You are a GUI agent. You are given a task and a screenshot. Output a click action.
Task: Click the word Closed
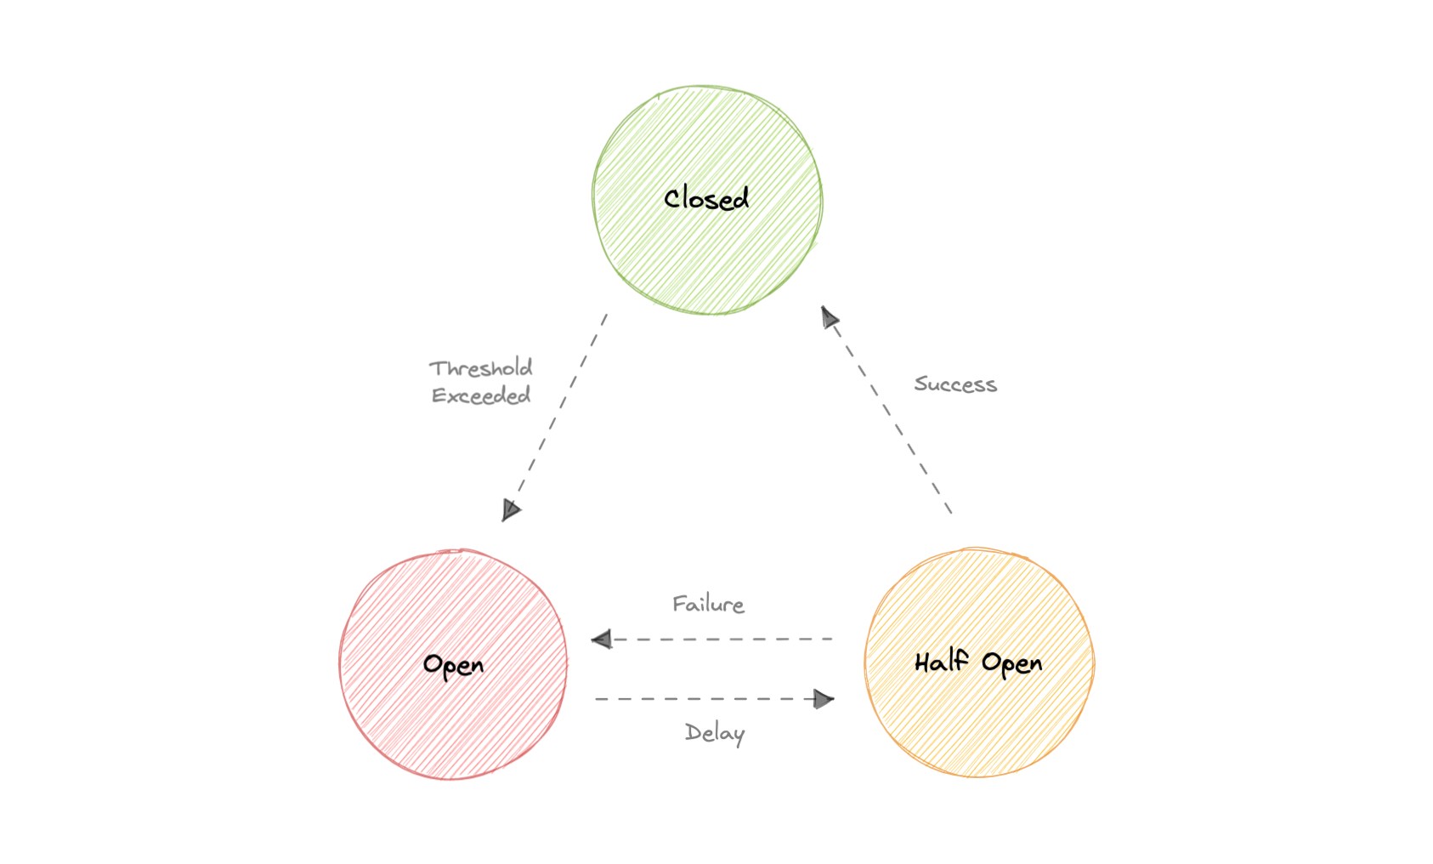[706, 198]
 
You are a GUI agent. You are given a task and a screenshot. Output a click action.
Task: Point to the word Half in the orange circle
[942, 661]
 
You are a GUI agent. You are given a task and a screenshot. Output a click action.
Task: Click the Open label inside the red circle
[453, 664]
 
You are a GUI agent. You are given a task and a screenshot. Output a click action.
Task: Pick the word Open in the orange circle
[1011, 663]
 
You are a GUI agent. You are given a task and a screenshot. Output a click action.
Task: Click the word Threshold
[481, 368]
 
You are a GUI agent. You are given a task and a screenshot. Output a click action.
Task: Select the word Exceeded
[481, 395]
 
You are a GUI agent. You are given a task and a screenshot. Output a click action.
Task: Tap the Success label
[955, 384]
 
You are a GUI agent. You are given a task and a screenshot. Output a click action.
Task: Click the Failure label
[708, 605]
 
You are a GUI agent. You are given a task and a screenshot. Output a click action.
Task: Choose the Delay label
[715, 733]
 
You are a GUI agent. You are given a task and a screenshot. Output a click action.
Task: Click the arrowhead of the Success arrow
[830, 318]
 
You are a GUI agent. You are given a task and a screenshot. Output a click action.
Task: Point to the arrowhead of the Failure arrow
[602, 639]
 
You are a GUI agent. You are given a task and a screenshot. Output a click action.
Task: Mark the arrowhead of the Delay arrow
[823, 699]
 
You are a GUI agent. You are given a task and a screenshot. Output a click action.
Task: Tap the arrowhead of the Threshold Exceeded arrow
[510, 509]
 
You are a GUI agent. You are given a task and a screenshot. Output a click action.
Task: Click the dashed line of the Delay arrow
[705, 699]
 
